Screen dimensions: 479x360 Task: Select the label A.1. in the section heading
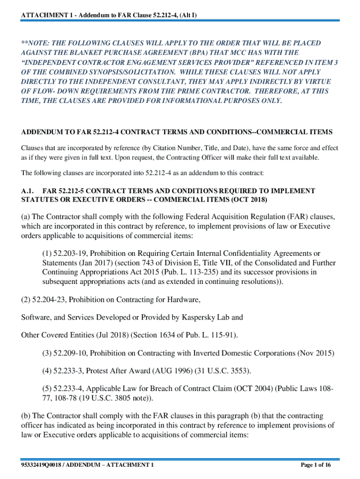point(28,191)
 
